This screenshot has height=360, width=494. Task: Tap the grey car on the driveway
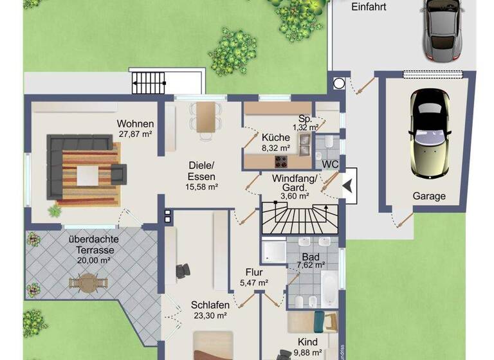[443, 29]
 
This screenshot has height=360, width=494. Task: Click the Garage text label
[428, 196]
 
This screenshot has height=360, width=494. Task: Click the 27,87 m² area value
[135, 134]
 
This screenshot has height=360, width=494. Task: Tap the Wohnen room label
[135, 124]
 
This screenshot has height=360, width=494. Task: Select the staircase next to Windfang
[299, 218]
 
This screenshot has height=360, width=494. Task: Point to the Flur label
[255, 271]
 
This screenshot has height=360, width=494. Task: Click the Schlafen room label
[210, 305]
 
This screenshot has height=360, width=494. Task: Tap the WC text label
[330, 164]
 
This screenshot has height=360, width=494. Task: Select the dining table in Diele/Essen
[205, 118]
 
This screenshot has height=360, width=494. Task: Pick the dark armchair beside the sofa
[118, 172]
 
